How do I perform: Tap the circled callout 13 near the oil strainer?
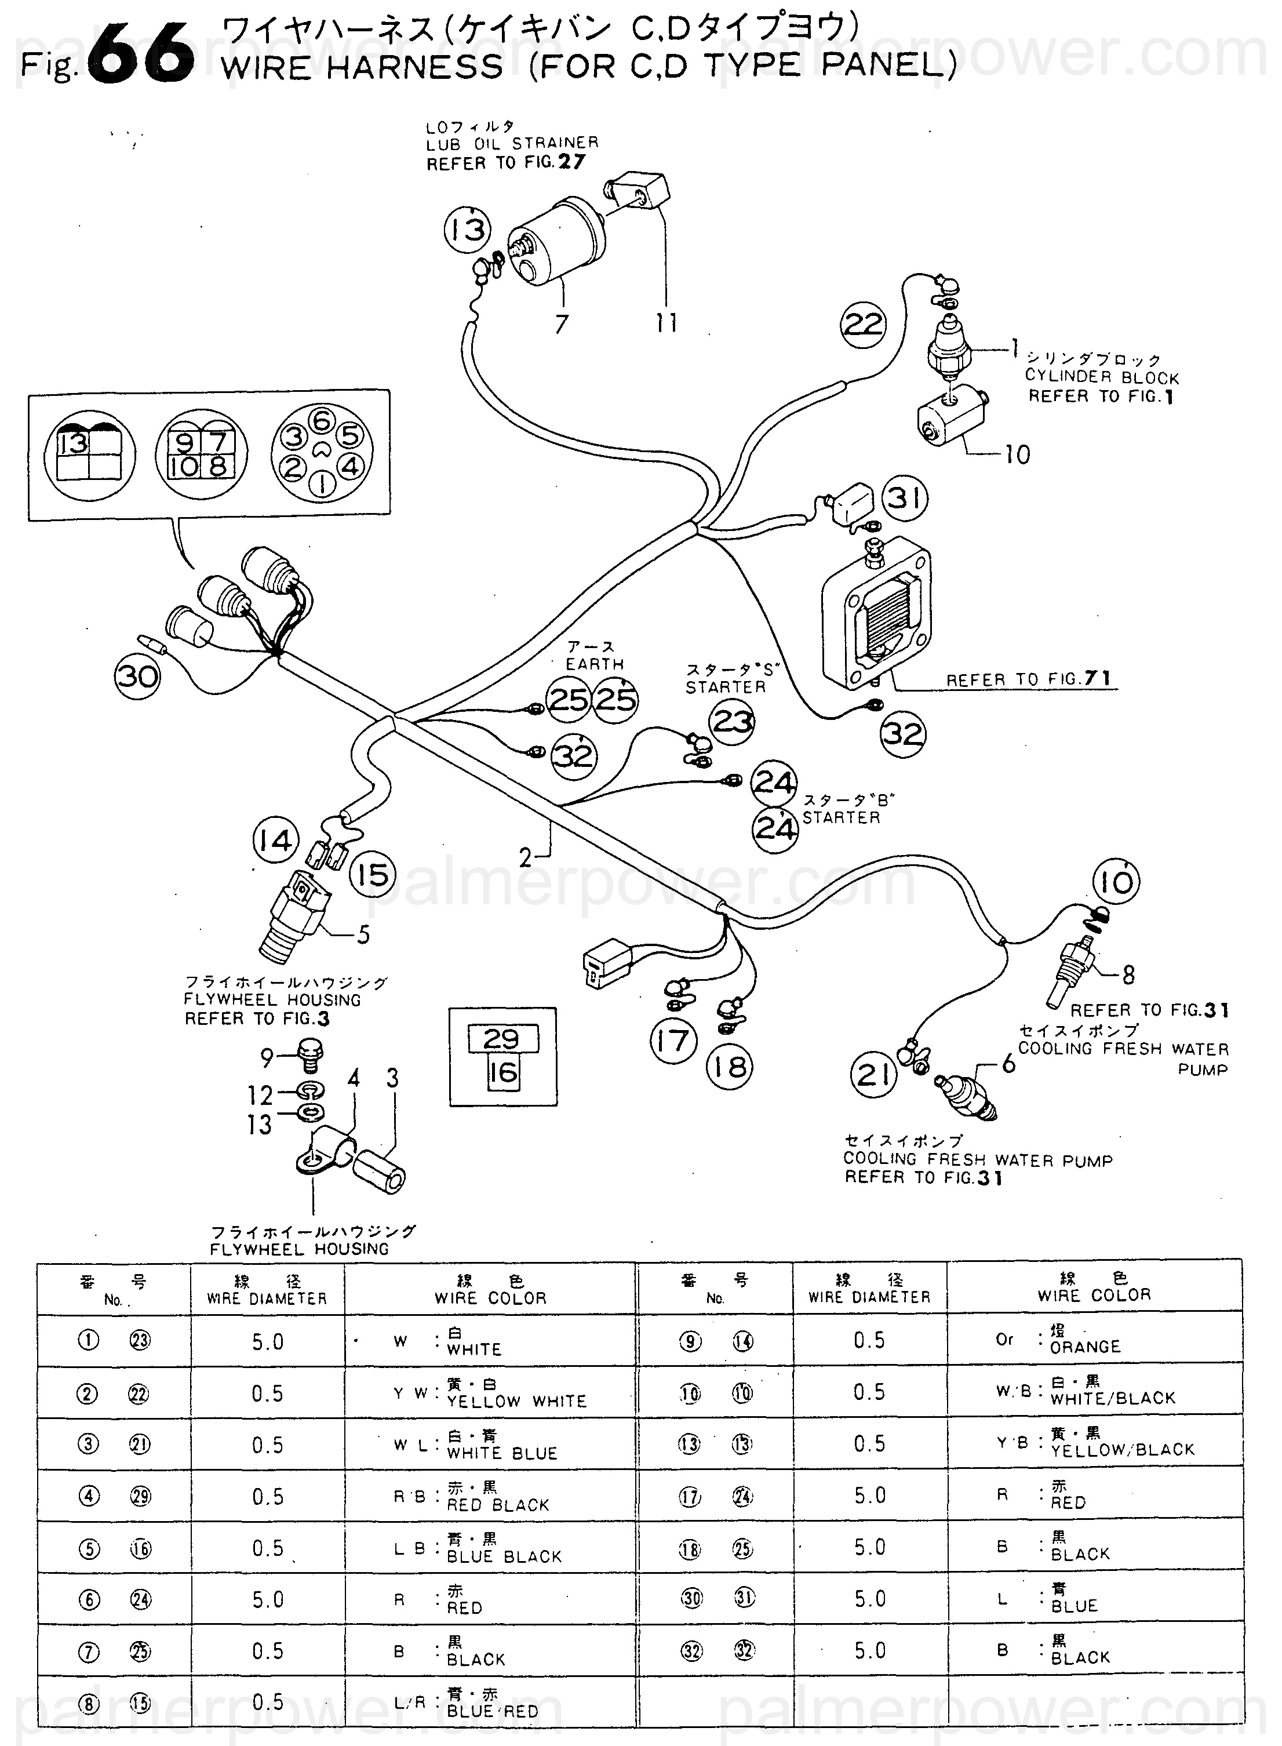467,229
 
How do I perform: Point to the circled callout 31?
904,497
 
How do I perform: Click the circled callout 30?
137,676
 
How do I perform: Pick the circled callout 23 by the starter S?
733,722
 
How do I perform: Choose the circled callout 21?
875,1075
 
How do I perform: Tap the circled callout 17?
673,1041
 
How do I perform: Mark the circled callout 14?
275,841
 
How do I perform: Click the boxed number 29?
501,1038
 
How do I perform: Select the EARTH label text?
595,664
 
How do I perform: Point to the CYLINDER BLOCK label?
1102,377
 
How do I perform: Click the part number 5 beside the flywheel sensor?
363,934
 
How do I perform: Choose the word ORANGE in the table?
1085,1347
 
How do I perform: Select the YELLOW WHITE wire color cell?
516,1402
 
